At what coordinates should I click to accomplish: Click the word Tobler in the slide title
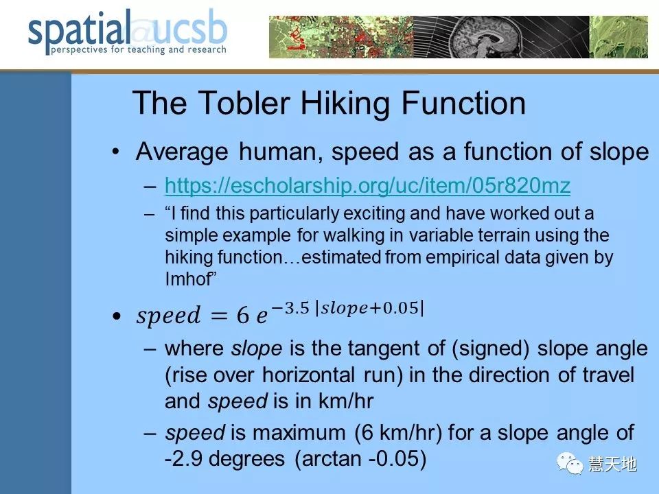tap(244, 102)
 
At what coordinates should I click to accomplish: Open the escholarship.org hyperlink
tap(367, 185)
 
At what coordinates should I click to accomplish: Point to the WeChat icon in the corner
tap(570, 463)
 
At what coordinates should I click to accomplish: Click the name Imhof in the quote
tap(190, 279)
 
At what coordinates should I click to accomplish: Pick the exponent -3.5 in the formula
tap(290, 308)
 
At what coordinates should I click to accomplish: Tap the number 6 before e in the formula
tap(242, 315)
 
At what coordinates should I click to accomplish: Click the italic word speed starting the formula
tap(168, 316)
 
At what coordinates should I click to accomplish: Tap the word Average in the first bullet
tap(182, 152)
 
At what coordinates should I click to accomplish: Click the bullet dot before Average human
tap(116, 152)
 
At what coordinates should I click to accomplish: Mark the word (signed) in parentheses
tap(490, 349)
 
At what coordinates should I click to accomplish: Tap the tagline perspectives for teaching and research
tap(139, 49)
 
